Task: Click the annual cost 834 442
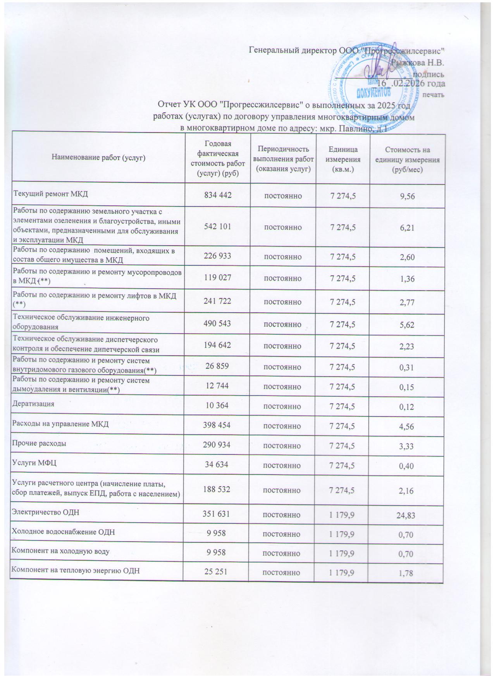click(217, 195)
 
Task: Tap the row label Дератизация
click(34, 404)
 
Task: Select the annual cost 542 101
click(217, 227)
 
